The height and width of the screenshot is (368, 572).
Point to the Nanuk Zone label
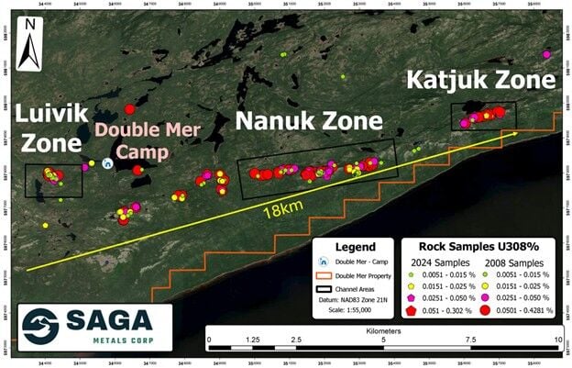[x=310, y=120]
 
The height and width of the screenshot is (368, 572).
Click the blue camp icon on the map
[x=107, y=163]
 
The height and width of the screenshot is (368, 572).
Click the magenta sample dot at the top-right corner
[x=547, y=54]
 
